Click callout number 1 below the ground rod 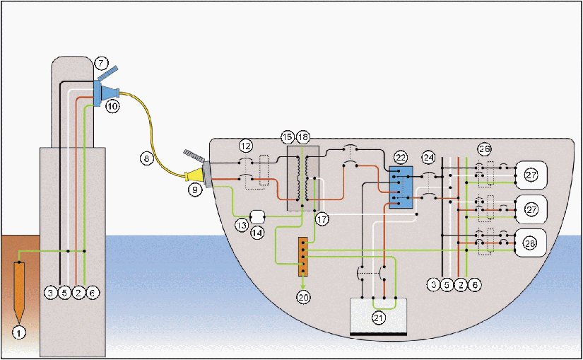(20, 330)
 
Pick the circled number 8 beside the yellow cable (146, 159)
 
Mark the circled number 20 (303, 298)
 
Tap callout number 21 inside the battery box (379, 318)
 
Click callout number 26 (484, 149)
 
